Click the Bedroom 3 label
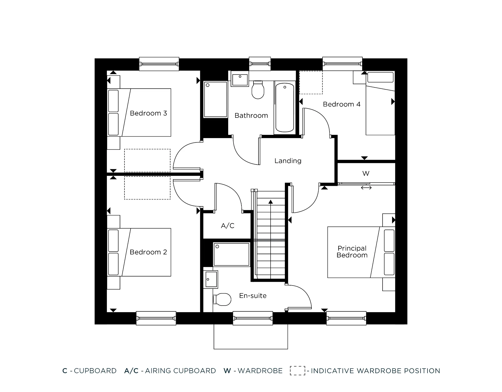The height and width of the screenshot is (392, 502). (148, 113)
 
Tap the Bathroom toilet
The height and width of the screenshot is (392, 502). (258, 90)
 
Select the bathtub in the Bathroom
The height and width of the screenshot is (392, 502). (285, 107)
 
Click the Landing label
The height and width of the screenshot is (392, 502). (288, 161)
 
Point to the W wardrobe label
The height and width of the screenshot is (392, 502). (366, 173)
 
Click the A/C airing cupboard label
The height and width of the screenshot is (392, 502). (227, 226)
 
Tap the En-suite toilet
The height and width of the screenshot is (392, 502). (222, 299)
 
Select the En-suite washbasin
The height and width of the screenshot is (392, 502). (211, 279)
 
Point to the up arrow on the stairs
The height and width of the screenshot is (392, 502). (271, 202)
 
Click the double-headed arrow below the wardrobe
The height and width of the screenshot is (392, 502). (366, 188)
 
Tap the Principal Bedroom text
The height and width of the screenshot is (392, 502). (352, 252)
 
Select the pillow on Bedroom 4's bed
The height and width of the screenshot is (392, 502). (380, 77)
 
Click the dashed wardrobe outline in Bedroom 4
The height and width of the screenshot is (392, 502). (311, 83)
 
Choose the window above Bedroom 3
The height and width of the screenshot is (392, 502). (159, 64)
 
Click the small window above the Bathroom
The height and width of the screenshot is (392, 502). (260, 64)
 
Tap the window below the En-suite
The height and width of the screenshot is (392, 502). (253, 318)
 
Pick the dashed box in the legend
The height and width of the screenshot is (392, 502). (297, 371)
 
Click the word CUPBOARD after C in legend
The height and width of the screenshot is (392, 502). (95, 371)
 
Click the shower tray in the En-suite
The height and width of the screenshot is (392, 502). (231, 254)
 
